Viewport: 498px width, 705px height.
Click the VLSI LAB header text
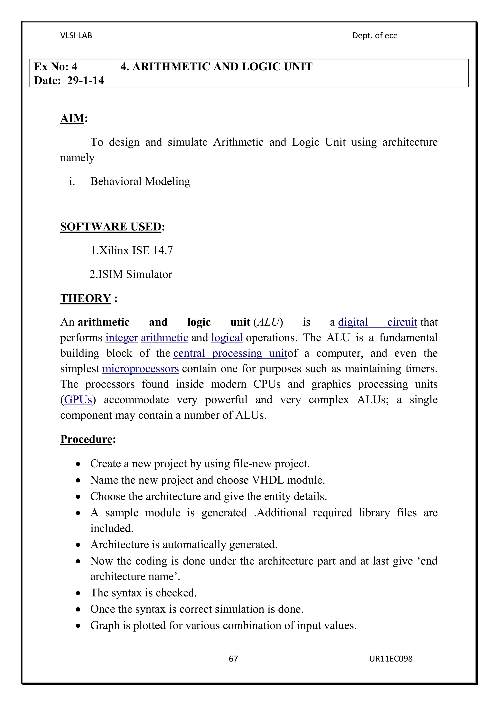(x=76, y=36)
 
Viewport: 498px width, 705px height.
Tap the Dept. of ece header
(x=375, y=36)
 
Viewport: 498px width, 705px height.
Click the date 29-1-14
(x=86, y=80)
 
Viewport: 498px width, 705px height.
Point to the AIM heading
(x=72, y=119)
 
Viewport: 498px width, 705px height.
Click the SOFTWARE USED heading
(x=111, y=227)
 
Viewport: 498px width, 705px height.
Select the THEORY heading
(x=85, y=298)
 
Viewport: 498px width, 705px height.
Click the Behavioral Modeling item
(x=140, y=181)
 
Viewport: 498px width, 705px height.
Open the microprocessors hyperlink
(x=141, y=369)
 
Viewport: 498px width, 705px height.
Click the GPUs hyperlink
(x=78, y=399)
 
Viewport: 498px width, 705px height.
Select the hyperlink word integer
(x=122, y=338)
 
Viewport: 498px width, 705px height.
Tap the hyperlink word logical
(x=227, y=338)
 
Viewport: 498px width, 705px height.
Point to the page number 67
(x=233, y=659)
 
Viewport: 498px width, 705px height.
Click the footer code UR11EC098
(x=391, y=659)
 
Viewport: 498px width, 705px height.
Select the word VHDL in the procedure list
(x=268, y=480)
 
